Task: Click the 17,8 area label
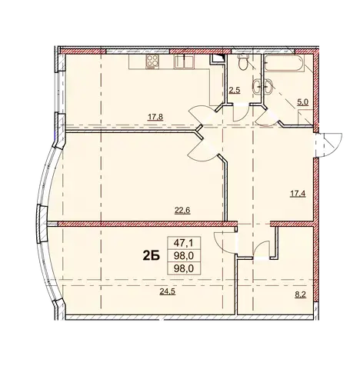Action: click(x=155, y=117)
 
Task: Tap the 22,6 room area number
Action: click(x=182, y=211)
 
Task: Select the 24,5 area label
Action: click(x=167, y=291)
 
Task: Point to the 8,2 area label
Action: click(x=302, y=295)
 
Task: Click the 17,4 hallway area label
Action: click(x=298, y=194)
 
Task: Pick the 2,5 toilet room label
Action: click(x=235, y=91)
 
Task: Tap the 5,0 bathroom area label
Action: click(x=302, y=102)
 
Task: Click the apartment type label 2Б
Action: click(x=152, y=255)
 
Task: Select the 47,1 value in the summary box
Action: click(x=184, y=243)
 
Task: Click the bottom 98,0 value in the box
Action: click(x=184, y=268)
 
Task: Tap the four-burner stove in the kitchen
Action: click(x=152, y=61)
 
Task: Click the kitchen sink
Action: click(x=184, y=61)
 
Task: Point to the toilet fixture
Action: click(x=242, y=61)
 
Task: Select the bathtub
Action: click(x=284, y=63)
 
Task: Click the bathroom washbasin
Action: click(x=262, y=86)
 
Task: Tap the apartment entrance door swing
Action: click(x=329, y=145)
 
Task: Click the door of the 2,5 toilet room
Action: click(x=241, y=112)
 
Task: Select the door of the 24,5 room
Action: click(x=225, y=242)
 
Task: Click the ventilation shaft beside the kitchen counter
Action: click(x=217, y=59)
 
